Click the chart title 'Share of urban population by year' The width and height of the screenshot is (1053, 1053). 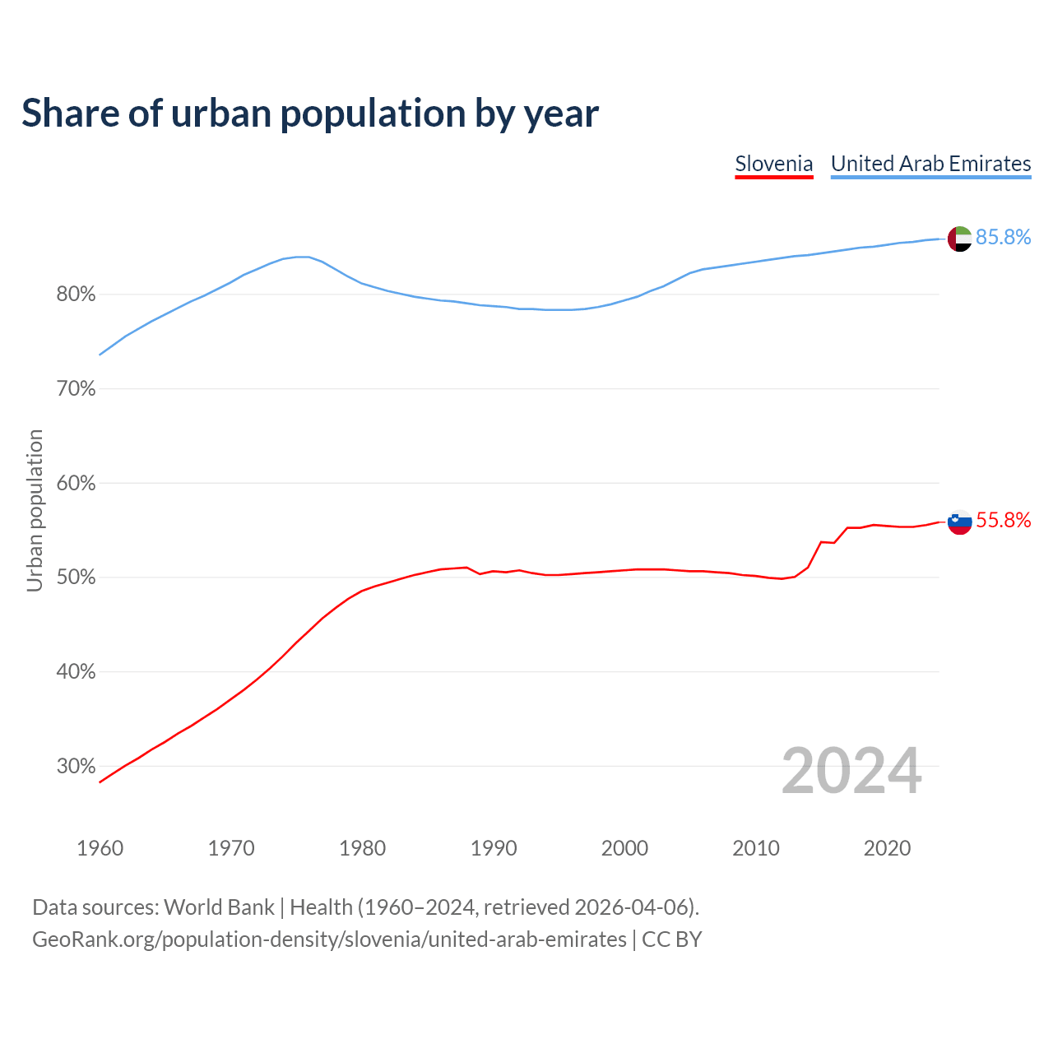(310, 114)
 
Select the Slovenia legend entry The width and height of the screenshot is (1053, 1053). (773, 164)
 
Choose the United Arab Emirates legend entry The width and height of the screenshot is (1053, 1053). (930, 164)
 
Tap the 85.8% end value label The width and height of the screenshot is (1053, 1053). (1003, 238)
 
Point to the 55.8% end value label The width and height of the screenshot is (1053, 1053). (1003, 521)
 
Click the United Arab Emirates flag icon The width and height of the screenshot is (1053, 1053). (959, 239)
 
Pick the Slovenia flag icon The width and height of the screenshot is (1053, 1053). (959, 522)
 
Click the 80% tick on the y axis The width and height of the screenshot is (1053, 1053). (76, 295)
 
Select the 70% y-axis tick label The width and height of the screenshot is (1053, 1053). (76, 389)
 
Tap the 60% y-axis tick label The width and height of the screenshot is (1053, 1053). (76, 484)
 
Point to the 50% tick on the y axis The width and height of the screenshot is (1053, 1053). (76, 578)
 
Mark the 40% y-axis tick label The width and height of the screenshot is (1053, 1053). (76, 672)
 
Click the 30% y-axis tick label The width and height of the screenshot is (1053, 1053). (76, 767)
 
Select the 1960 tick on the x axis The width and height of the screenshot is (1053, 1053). (100, 848)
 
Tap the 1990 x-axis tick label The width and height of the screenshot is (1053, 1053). (494, 848)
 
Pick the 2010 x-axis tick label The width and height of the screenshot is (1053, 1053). (756, 848)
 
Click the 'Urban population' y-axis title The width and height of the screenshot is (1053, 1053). (35, 510)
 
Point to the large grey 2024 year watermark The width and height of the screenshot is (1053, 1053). (851, 771)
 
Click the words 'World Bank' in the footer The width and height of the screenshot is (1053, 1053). (219, 907)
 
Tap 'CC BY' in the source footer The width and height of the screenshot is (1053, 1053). (671, 939)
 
